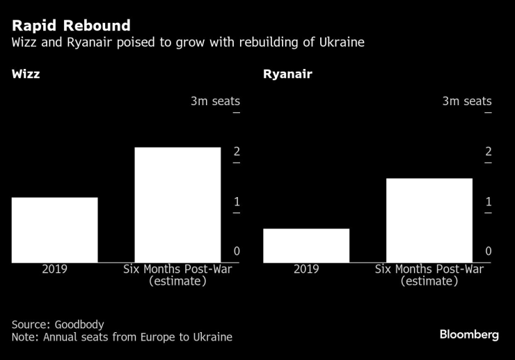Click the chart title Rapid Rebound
71,26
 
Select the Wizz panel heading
26,74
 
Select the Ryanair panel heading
287,74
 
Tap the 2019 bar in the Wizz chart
54,230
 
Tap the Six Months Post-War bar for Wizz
177,205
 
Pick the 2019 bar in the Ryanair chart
306,245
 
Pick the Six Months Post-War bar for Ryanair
429,220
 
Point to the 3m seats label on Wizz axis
215,102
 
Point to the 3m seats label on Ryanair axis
467,102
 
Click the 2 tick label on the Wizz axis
237,152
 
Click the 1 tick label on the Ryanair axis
489,202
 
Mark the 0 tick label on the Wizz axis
237,251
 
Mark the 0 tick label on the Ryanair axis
489,251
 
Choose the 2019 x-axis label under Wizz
54,269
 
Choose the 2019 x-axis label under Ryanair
306,269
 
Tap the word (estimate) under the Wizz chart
177,281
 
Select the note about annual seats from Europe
122,338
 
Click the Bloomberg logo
469,335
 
